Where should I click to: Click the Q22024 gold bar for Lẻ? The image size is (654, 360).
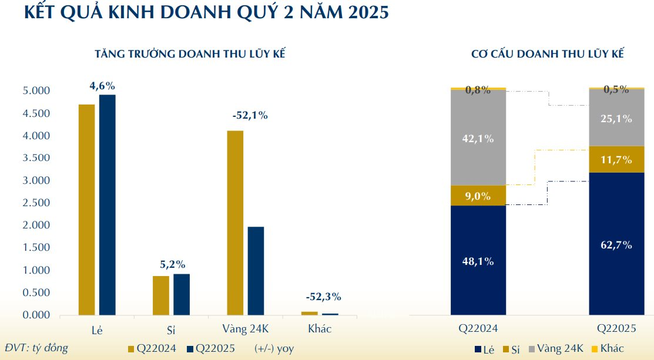(86, 210)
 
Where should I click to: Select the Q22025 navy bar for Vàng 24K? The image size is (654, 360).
(256, 271)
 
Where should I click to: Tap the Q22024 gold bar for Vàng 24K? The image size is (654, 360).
(235, 223)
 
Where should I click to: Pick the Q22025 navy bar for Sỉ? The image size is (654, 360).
(182, 294)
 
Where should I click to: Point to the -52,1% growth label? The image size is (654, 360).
(250, 116)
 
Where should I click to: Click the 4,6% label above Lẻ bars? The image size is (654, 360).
(102, 86)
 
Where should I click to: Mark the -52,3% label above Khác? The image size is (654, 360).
(323, 297)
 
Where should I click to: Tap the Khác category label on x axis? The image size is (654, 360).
(320, 329)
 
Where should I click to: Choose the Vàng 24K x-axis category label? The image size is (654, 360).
(246, 329)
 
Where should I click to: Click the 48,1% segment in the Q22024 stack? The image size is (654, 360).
(478, 260)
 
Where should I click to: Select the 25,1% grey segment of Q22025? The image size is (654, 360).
(616, 118)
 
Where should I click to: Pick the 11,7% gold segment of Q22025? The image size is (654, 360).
(616, 159)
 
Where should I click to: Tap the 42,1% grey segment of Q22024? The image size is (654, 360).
(478, 139)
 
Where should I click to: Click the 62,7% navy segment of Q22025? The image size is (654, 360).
(616, 244)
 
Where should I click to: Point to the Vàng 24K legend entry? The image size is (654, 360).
(556, 349)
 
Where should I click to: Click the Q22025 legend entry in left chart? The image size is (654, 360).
(211, 348)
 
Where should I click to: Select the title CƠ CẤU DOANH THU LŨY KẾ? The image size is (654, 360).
(547, 54)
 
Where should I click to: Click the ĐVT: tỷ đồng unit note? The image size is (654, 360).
(36, 348)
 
